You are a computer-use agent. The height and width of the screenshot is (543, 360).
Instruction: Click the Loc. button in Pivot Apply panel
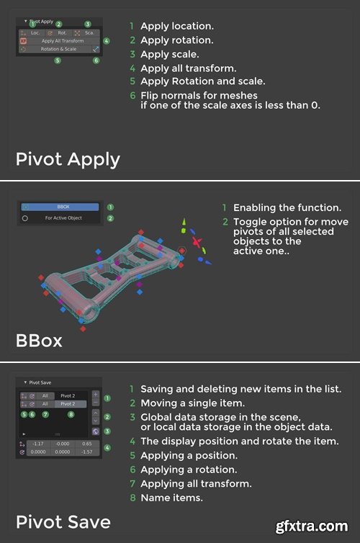coord(35,33)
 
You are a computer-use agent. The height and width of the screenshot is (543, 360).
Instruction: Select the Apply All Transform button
coord(62,41)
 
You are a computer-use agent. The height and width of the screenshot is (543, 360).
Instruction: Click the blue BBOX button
coord(63,207)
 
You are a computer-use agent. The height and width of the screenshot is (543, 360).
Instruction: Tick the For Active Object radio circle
coord(25,217)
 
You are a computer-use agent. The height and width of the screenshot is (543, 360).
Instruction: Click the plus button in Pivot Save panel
coord(95,395)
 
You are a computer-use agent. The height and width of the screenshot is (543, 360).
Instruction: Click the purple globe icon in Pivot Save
coord(95,431)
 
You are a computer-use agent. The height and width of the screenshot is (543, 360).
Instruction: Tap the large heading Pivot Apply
coord(68,159)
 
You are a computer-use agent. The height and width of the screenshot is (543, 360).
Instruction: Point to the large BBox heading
coord(40,340)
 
